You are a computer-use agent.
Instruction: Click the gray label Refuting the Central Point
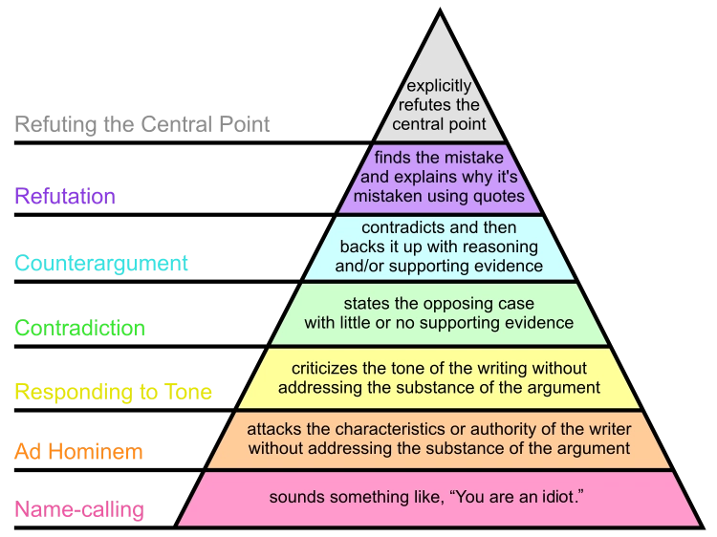tap(142, 124)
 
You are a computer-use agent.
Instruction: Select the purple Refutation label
tap(65, 197)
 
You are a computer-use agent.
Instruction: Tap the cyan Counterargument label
tap(101, 263)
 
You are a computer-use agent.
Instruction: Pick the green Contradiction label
tap(80, 328)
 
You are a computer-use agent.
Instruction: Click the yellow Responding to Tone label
tap(113, 392)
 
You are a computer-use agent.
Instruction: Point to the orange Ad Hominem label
tap(78, 451)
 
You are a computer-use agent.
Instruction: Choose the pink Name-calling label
tap(79, 509)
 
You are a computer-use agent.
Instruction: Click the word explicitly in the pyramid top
tap(440, 87)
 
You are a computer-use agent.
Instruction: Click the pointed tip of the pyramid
tap(440, 17)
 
